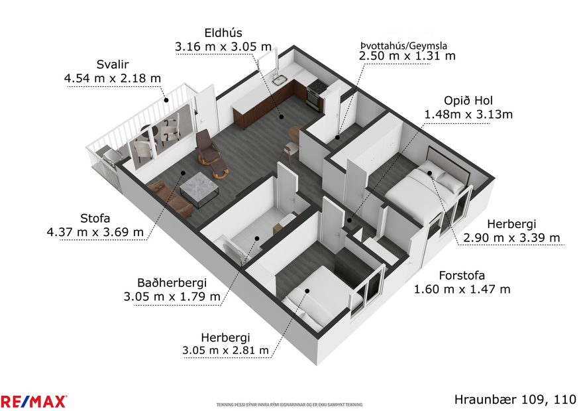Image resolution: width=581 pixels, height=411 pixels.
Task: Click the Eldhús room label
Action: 223,32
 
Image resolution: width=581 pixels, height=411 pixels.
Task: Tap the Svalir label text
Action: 113,64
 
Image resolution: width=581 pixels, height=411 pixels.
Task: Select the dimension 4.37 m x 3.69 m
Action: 95,232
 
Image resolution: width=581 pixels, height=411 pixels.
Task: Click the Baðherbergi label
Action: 172,281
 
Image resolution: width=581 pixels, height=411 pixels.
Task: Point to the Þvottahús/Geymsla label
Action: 403,45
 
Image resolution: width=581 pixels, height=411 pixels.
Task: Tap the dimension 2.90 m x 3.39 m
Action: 511,238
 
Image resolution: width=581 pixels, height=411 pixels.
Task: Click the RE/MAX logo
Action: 34,401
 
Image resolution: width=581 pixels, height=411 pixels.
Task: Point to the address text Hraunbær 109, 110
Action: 515,399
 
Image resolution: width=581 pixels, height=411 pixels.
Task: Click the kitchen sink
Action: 281,82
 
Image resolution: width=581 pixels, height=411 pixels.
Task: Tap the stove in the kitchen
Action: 316,88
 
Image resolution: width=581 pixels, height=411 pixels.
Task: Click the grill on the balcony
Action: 111,157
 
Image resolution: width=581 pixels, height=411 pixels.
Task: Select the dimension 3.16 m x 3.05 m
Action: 223,46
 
